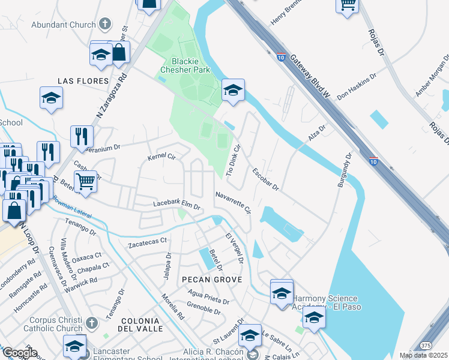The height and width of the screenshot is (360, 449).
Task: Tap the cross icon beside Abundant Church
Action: coord(105,25)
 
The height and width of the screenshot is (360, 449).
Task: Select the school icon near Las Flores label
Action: coord(52,97)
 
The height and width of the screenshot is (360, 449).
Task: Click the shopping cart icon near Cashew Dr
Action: coord(86,179)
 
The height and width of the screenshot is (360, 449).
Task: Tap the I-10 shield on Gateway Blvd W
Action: coord(281,58)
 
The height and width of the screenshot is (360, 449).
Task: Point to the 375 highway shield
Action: coord(426,346)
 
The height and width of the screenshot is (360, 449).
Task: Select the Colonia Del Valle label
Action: coord(140,325)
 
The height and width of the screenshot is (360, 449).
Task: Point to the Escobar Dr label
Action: coord(265,179)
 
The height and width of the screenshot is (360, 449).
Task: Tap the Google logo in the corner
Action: coord(20,353)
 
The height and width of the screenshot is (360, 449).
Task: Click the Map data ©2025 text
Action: coord(423,355)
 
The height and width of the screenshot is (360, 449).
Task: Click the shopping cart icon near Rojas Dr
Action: coord(348,5)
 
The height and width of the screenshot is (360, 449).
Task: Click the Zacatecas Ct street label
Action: coord(147,243)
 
